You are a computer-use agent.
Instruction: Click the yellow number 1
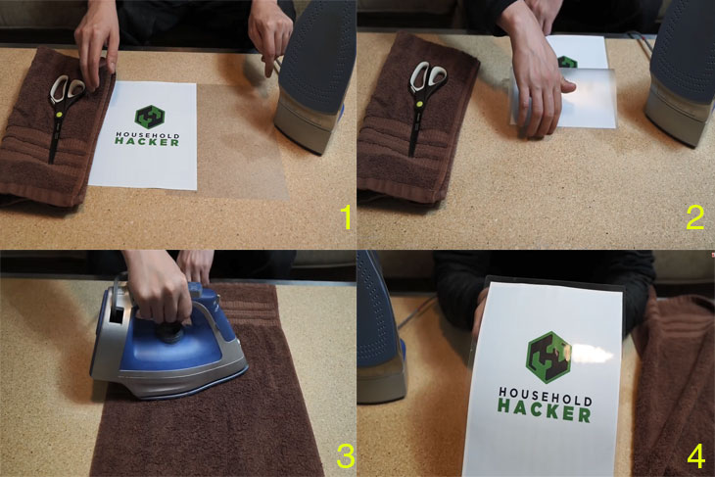point(346,217)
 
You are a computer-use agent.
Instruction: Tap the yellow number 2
point(695,217)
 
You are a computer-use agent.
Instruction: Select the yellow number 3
point(346,456)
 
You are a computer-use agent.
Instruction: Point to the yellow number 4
point(695,456)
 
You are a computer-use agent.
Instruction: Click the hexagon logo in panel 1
point(149,117)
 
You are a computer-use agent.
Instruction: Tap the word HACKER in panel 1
point(147,142)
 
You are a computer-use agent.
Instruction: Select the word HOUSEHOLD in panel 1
point(148,135)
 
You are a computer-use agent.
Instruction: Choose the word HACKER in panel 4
point(544,410)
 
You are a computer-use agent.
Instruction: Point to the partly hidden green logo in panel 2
point(568,62)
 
